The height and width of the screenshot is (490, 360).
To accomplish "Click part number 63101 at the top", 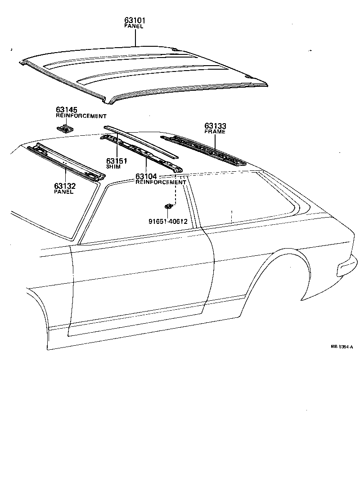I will click(135, 21).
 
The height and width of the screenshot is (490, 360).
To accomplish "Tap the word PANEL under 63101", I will click(134, 27).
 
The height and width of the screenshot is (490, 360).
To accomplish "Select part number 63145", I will click(66, 110).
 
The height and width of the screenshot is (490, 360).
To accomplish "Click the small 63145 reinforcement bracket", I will click(65, 129).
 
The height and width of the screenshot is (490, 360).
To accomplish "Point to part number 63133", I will click(215, 126).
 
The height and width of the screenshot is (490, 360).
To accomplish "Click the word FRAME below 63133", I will click(215, 132).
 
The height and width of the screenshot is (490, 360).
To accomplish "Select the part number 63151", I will click(117, 161).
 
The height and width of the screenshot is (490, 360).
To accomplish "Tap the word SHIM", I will click(113, 167).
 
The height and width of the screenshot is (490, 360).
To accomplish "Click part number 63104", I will click(146, 176).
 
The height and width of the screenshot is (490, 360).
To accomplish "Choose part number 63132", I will click(65, 186).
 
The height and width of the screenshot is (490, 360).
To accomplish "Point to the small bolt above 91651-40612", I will click(168, 206).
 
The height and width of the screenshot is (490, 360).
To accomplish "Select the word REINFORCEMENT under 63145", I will click(81, 116).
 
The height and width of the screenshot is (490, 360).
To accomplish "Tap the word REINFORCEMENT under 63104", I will click(161, 182).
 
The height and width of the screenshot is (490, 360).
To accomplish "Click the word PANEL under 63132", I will click(63, 192).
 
